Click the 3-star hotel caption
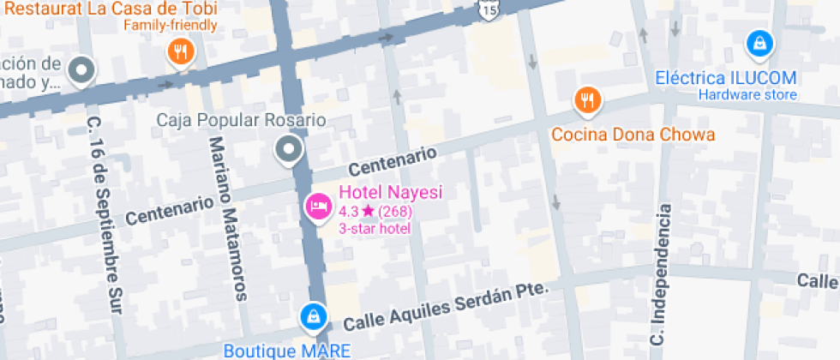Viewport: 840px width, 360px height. tap(375, 228)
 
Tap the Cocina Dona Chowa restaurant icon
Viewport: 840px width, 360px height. tap(586, 100)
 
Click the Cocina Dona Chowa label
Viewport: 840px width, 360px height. tap(633, 135)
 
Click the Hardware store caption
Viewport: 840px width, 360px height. tap(747, 94)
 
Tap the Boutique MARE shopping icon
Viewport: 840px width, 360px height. tap(314, 316)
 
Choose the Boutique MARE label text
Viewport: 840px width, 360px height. tap(287, 350)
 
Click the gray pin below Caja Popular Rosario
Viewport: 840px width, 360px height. tap(288, 150)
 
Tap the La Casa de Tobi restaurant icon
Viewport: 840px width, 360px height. tap(180, 53)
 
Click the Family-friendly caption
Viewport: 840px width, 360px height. tap(170, 24)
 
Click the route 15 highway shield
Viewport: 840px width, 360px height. tap(488, 9)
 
